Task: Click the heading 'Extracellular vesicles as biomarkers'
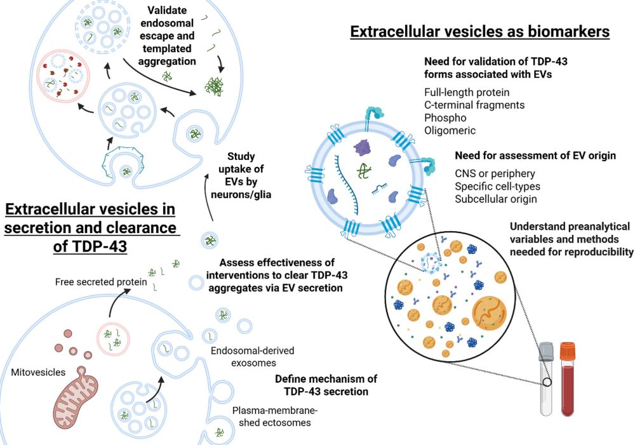pos(479,31)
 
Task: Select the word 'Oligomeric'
pos(450,131)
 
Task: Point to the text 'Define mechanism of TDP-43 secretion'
pos(326,385)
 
